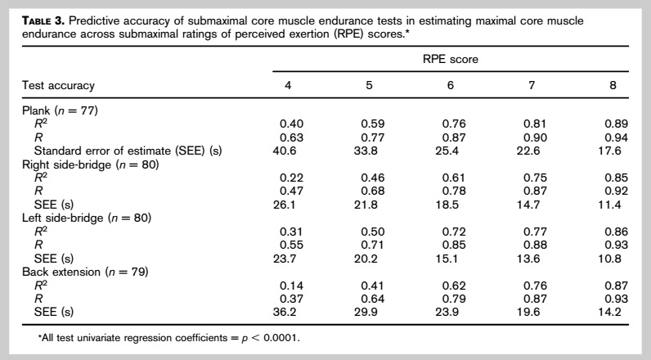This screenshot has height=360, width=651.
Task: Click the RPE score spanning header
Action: pos(451,59)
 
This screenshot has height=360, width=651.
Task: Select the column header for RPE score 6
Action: pos(451,86)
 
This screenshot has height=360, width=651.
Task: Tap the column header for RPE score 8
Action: pos(613,86)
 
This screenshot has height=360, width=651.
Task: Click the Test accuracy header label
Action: pos(59,86)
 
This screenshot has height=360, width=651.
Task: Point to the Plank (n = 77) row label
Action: pos(60,110)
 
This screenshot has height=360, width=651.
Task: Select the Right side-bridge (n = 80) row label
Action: pos(91,164)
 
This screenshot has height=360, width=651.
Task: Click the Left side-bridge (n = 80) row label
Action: pos(87,218)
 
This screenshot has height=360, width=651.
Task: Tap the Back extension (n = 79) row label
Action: pos(85,272)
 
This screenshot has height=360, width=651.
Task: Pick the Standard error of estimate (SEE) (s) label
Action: pos(128,151)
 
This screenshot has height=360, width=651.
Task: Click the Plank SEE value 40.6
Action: pos(285,151)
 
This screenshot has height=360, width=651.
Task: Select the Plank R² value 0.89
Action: pos(616,124)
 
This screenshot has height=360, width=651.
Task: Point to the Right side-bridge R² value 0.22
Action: pos(291,178)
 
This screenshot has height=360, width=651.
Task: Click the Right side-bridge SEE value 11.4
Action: pos(609,205)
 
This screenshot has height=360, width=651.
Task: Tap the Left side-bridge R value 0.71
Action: pos(372,245)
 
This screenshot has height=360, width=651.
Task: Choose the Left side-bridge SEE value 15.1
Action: pos(447,259)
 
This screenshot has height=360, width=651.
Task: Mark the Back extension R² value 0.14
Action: pos(291,286)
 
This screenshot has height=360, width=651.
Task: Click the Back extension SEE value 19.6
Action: pos(528,312)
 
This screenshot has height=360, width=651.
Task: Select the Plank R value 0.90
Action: pos(535,137)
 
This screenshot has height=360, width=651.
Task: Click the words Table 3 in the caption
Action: pos(43,20)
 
